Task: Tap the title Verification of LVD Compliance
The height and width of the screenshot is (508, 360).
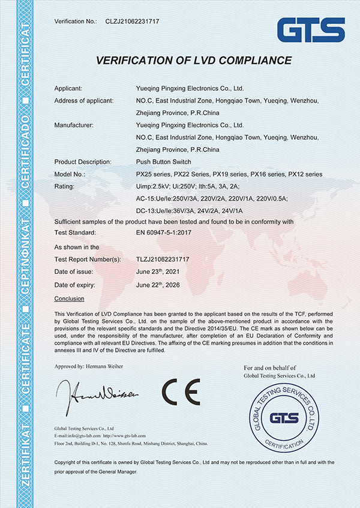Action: pyautogui.click(x=194, y=61)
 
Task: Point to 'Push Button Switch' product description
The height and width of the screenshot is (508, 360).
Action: pyautogui.click(x=164, y=162)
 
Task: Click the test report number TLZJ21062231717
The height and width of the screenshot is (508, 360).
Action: pyautogui.click(x=163, y=259)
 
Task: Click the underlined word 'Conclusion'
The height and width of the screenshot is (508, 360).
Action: pyautogui.click(x=69, y=298)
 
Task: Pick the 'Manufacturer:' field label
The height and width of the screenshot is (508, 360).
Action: pyautogui.click(x=73, y=125)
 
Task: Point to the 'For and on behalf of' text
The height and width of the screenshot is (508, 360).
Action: pyautogui.click(x=270, y=367)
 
